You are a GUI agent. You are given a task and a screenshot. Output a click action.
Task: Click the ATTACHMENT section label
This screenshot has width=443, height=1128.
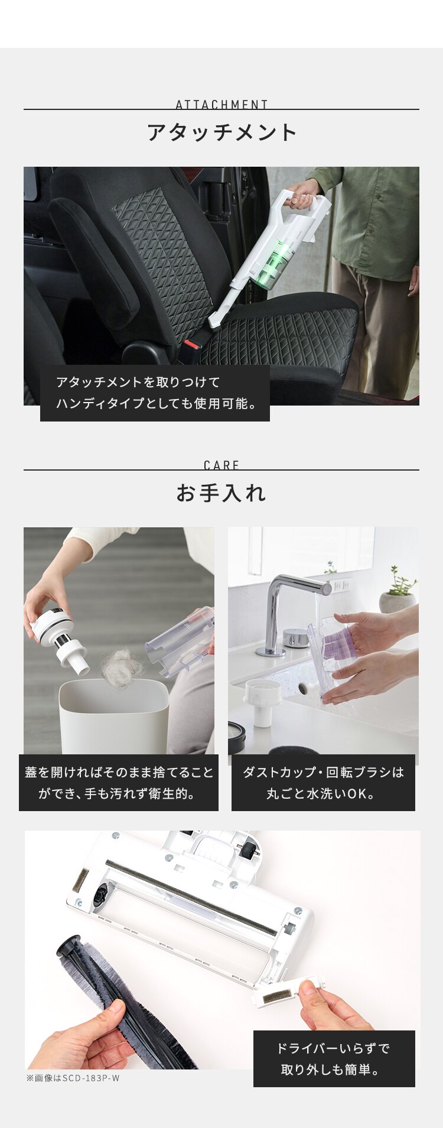point(221,105)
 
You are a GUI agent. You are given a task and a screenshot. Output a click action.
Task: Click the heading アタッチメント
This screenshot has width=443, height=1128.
point(221,132)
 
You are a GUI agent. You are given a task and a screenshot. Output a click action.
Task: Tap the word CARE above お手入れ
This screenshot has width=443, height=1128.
point(221,465)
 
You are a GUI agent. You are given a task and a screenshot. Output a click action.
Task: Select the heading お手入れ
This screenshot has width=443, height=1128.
point(221,493)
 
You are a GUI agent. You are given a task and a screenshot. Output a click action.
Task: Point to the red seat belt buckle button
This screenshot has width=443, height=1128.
point(191,343)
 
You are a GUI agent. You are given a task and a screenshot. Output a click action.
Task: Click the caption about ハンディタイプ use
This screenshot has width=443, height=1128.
point(155,393)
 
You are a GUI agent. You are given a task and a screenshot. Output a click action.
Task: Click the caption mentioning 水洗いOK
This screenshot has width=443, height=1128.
point(323,782)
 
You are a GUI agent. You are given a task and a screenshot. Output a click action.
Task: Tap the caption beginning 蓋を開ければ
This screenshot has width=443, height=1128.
point(119,782)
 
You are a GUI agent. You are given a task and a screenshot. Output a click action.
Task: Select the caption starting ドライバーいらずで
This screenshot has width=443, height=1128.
point(334,1058)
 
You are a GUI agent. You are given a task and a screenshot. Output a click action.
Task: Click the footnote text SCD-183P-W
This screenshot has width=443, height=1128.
point(73,1078)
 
